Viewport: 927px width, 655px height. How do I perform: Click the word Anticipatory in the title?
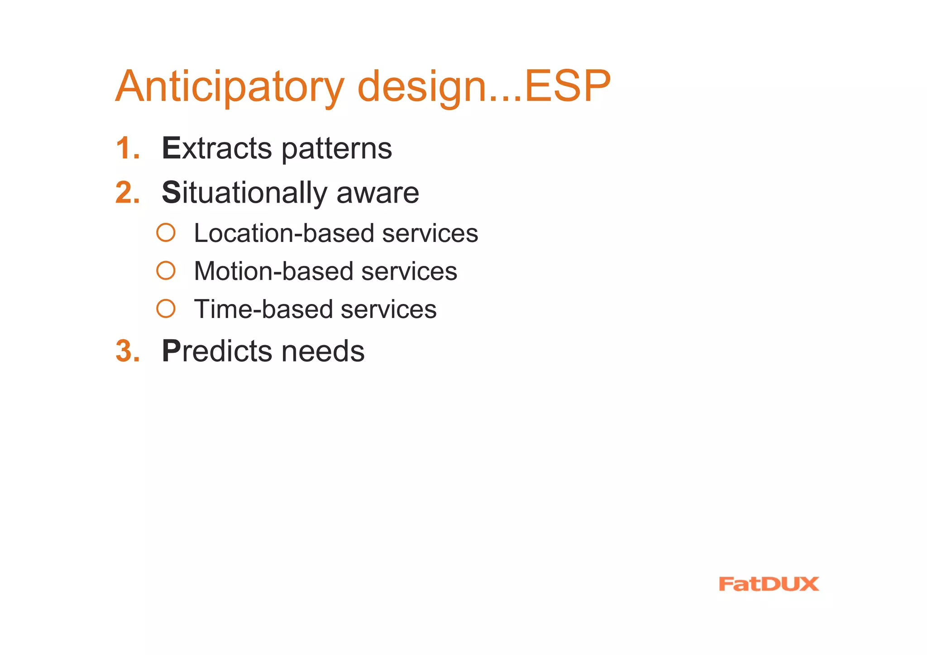tap(230, 87)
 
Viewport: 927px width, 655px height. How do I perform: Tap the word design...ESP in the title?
tap(483, 87)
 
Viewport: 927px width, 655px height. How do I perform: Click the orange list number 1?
tap(127, 148)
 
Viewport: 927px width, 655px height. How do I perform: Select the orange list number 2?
tap(127, 193)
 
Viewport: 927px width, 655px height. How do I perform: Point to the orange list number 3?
tap(127, 351)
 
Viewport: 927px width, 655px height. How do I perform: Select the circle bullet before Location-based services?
tap(166, 233)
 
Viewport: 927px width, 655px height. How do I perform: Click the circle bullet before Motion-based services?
tap(166, 271)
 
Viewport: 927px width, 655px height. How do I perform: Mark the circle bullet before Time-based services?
tap(166, 309)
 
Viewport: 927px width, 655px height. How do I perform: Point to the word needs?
tap(323, 351)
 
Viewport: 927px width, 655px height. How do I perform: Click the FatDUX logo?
tap(769, 584)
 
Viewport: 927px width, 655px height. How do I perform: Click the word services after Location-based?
tap(430, 233)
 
